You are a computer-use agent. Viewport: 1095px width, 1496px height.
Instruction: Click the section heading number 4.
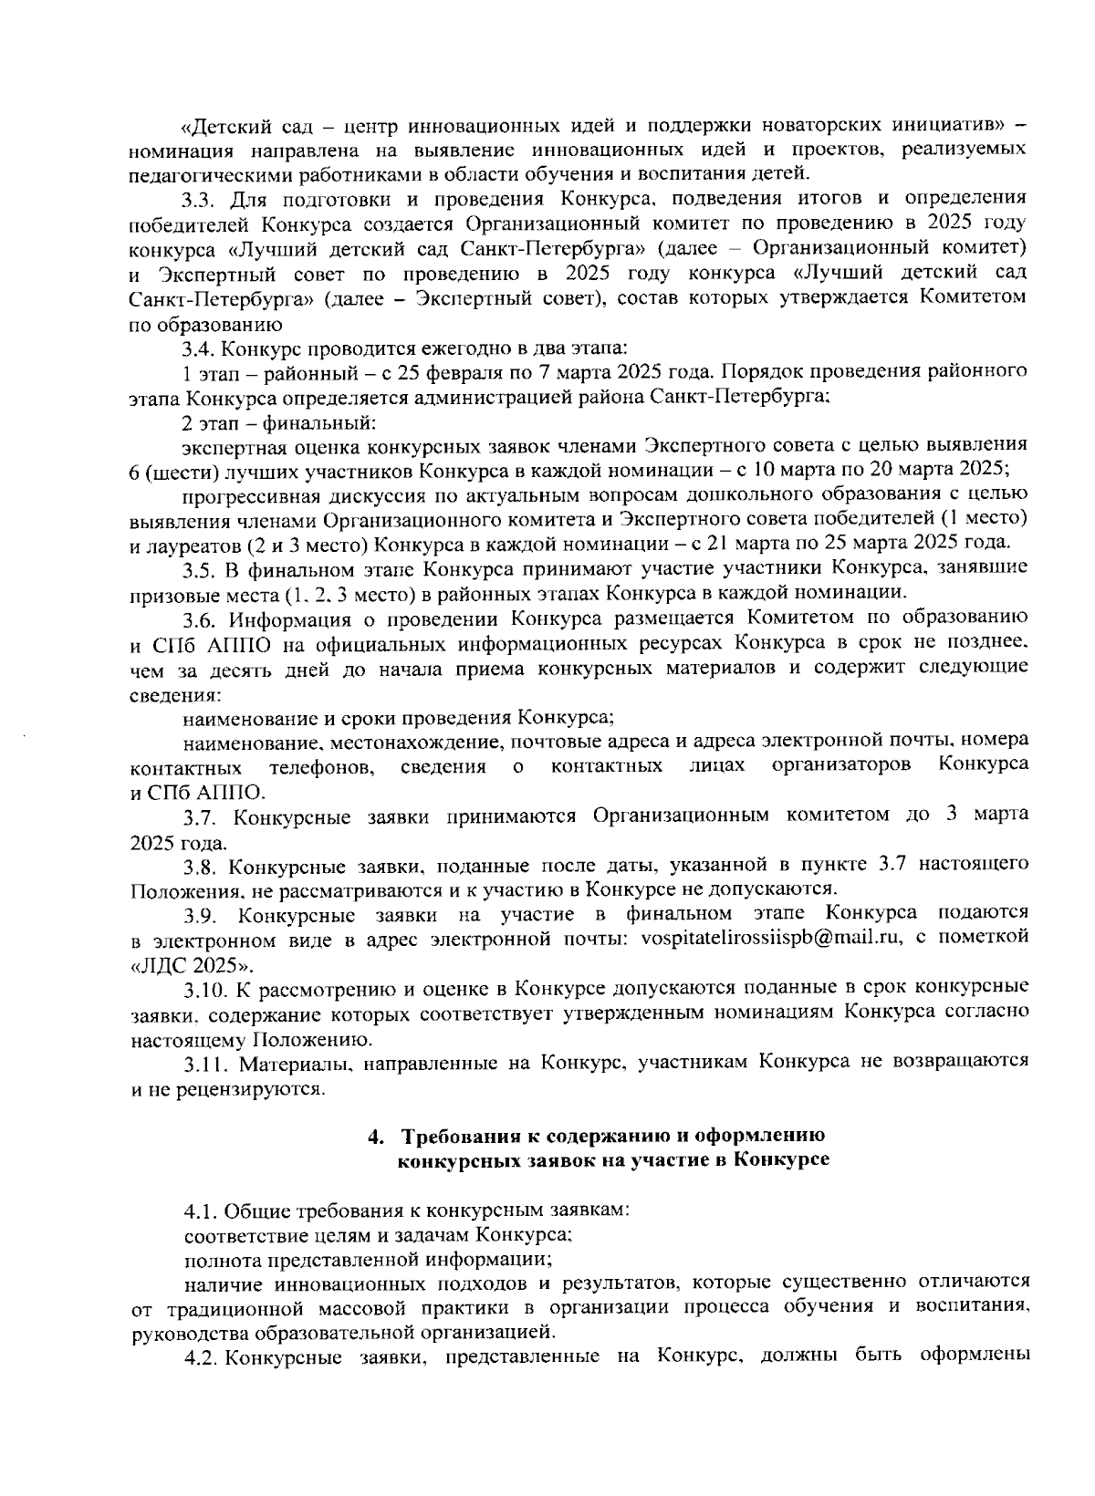373,1137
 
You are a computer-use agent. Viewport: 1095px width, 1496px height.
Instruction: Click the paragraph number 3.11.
203,1062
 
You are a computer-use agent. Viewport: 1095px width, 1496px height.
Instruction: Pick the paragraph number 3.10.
203,988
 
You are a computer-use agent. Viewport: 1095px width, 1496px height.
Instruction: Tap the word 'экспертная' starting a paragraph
231,447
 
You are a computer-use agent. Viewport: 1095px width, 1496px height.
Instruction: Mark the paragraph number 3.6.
199,619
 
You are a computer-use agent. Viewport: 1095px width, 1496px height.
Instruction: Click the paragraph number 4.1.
199,1210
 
